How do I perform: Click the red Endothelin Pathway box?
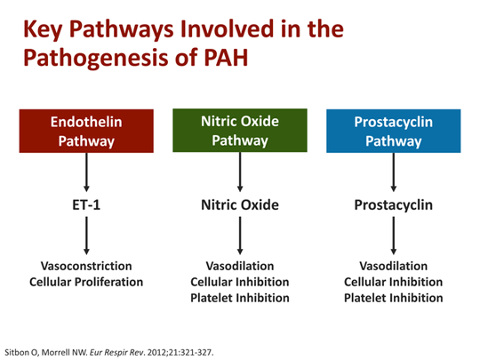[86, 132]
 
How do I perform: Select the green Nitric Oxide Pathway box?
[240, 132]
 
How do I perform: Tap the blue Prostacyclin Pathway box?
[394, 132]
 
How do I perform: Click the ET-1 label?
[86, 205]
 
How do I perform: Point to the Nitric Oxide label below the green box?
[240, 205]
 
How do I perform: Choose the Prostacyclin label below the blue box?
[394, 205]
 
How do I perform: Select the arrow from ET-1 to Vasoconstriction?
[86, 236]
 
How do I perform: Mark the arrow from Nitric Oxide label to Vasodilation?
[240, 236]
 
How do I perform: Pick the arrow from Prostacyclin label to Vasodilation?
[394, 236]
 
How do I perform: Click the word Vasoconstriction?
[86, 267]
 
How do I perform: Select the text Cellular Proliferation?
[86, 282]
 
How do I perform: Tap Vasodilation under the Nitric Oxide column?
[240, 267]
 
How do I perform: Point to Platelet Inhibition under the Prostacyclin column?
[394, 298]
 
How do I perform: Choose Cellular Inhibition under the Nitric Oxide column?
[240, 282]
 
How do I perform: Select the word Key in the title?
[42, 29]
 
